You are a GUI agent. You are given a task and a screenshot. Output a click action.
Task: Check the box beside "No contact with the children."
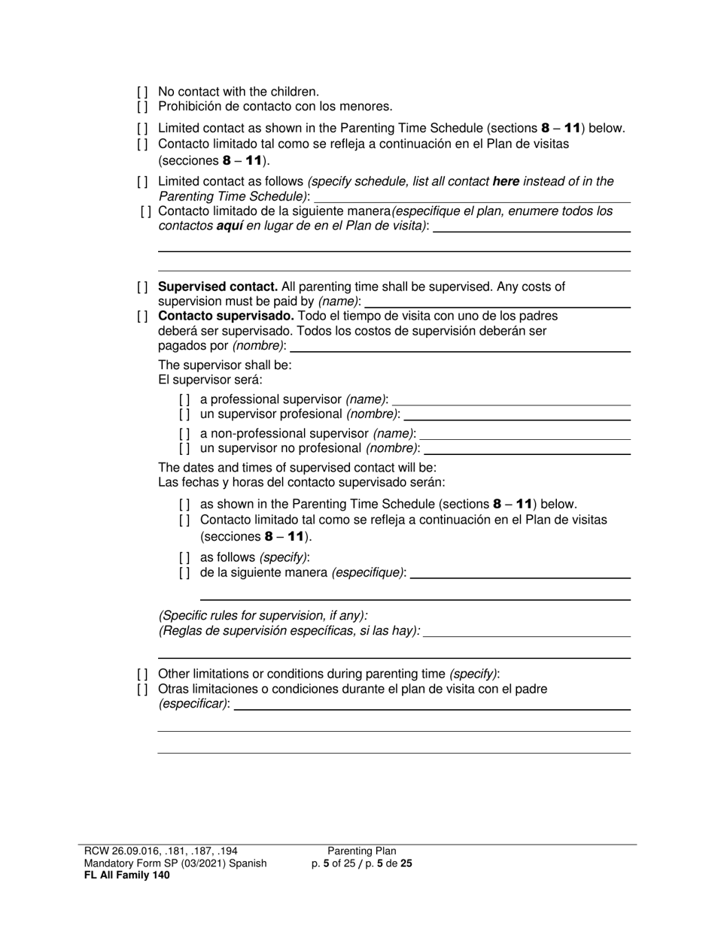click(x=142, y=92)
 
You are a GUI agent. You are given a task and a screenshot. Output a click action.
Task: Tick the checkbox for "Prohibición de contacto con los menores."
click(x=142, y=107)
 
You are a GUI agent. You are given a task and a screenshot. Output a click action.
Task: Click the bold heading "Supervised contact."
click(x=218, y=287)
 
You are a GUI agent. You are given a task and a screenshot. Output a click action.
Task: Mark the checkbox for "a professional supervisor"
click(x=184, y=399)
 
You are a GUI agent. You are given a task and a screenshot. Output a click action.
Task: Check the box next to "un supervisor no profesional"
click(x=184, y=448)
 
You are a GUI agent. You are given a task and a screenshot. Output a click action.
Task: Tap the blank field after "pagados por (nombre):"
click(x=459, y=347)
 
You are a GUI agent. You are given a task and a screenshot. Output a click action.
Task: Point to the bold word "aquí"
click(x=229, y=226)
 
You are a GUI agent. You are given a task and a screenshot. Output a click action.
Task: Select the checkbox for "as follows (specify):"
click(x=184, y=557)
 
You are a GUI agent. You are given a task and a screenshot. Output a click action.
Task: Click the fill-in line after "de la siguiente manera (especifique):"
click(x=519, y=574)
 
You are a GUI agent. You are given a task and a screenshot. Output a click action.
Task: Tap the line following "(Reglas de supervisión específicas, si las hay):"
click(x=527, y=632)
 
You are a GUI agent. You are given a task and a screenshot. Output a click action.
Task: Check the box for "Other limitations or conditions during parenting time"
click(x=142, y=674)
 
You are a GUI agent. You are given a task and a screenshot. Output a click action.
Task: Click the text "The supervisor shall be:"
click(x=225, y=365)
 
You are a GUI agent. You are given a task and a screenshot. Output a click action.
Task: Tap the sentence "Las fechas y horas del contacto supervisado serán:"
click(x=301, y=482)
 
